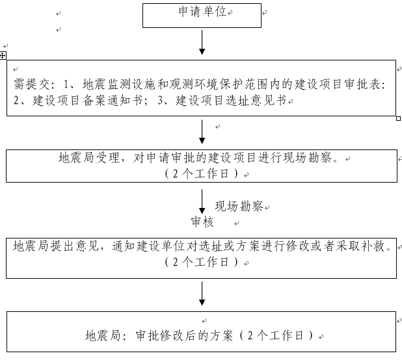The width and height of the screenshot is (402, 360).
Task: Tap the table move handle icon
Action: click(x=3, y=56)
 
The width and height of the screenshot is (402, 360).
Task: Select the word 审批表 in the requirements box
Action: click(x=368, y=84)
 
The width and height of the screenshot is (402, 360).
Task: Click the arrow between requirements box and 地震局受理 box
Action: click(x=202, y=132)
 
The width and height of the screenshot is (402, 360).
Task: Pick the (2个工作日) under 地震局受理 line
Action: click(x=202, y=174)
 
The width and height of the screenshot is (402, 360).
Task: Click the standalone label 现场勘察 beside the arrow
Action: click(x=239, y=207)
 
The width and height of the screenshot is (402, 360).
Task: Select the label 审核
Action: click(x=202, y=222)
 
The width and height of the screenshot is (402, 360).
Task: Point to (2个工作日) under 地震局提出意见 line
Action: click(x=202, y=263)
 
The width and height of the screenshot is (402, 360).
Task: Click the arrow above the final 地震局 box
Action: click(x=202, y=294)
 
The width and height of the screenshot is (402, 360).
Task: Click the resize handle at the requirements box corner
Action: click(x=398, y=119)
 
